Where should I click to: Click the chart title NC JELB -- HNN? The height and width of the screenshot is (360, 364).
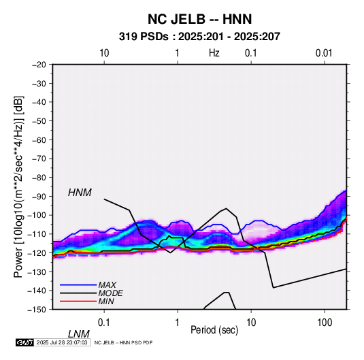199,19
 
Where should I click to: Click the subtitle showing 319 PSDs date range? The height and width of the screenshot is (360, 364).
199,37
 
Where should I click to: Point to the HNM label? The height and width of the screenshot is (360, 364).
80,193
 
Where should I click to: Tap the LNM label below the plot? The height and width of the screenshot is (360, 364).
78,334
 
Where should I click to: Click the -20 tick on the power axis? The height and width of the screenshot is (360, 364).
39,65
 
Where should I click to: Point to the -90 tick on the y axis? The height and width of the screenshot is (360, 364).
39,196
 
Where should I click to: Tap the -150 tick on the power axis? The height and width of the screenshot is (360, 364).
37,310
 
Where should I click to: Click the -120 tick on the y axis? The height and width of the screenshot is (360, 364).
37,252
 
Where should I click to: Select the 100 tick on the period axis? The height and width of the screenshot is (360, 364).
325,322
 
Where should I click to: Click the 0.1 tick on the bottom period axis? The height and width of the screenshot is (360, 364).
104,322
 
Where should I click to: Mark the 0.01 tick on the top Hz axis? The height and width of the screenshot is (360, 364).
324,53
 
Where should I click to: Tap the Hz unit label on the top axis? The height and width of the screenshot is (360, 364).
214,53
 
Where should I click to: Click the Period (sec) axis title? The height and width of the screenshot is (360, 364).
214,330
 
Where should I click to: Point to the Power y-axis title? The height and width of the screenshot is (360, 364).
18,186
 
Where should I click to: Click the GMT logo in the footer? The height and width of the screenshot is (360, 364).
25,342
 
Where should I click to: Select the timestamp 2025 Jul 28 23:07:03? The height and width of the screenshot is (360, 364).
62,342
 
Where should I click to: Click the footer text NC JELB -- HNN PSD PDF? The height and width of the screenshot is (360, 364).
123,342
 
